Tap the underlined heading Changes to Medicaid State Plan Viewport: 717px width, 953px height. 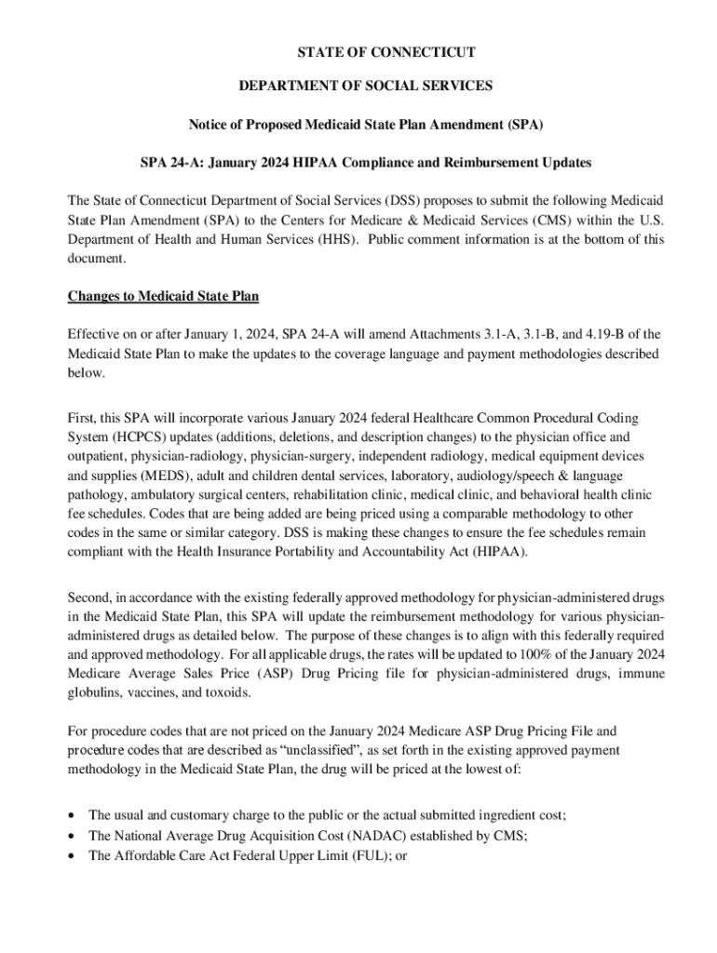point(163,297)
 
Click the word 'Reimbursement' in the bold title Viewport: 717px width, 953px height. point(495,163)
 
